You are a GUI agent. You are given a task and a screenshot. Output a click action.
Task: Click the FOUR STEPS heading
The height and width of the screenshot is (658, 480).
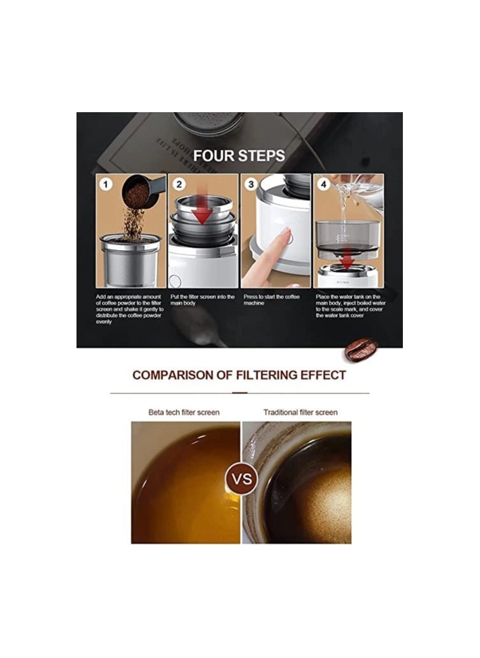tap(239, 156)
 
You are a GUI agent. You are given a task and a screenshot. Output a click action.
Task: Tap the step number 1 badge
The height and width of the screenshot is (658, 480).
tap(106, 184)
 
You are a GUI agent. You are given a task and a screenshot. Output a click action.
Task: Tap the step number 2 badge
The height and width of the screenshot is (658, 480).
tap(179, 184)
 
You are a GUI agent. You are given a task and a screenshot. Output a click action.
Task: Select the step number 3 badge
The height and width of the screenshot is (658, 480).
tap(252, 184)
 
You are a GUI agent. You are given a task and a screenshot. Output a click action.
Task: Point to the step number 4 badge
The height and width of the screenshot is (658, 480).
tap(324, 184)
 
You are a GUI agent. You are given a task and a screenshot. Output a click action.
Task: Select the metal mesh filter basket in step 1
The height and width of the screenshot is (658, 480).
tap(130, 261)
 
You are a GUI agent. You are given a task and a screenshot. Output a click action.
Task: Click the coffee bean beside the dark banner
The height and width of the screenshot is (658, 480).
tap(361, 349)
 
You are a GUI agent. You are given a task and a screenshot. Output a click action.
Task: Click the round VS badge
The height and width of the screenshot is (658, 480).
tap(242, 478)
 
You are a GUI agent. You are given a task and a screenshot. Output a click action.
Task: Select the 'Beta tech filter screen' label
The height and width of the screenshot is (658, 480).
tap(184, 413)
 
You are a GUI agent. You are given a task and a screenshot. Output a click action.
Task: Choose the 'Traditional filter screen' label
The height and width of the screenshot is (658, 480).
tap(300, 413)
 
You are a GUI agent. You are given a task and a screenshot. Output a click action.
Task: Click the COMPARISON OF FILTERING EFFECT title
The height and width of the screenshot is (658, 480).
tap(239, 375)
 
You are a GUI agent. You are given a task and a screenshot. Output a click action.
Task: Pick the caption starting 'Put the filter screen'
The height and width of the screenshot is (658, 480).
tap(203, 300)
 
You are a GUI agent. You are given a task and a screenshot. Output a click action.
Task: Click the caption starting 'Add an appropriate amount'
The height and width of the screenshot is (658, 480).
tap(130, 309)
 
